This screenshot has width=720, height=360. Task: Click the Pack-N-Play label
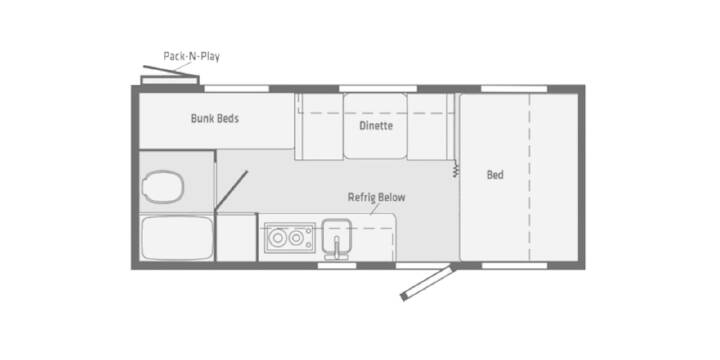191,56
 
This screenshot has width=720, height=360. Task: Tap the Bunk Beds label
215,118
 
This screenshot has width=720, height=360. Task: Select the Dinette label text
376,125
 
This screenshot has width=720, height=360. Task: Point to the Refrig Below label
377,197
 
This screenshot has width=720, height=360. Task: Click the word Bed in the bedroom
495,174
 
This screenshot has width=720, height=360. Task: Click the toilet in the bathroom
163,187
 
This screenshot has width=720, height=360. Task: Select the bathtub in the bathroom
177,238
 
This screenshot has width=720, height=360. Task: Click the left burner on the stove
277,237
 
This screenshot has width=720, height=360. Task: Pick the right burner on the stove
296,237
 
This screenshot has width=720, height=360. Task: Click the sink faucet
337,248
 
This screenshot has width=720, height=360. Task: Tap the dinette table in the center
375,126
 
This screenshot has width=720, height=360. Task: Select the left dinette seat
319,126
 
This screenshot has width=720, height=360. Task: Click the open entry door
428,282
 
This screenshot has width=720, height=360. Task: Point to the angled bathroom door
231,191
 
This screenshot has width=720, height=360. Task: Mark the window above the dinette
378,89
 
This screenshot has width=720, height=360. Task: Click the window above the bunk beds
236,89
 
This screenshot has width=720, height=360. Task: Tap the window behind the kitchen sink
337,265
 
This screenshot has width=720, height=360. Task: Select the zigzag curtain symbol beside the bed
456,169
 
